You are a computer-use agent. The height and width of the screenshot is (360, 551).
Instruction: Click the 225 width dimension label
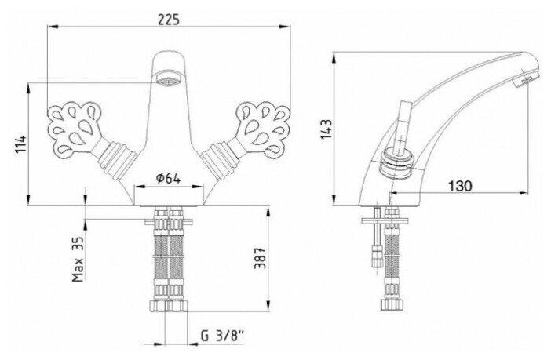coord(168,20)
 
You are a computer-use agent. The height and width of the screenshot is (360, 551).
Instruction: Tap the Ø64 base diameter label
coord(168,178)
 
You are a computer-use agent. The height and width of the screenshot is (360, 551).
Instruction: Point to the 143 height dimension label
coord(326,129)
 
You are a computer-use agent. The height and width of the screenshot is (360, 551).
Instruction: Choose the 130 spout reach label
coord(460,186)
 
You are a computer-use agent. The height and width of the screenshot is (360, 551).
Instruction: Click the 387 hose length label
coord(260,259)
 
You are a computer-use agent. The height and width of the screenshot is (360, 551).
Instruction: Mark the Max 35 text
coord(78,259)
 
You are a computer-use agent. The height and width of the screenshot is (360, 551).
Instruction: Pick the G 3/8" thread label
coord(222,336)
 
